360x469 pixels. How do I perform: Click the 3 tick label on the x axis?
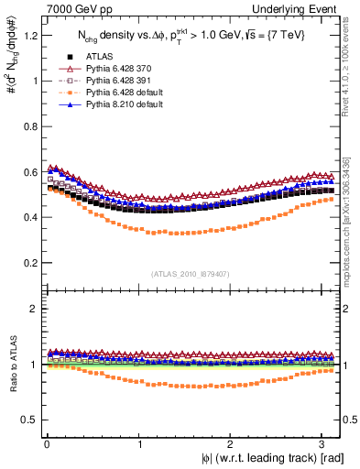click(325, 443)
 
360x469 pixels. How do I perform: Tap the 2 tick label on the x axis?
click(233, 443)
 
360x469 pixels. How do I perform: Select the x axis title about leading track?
click(274, 457)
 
